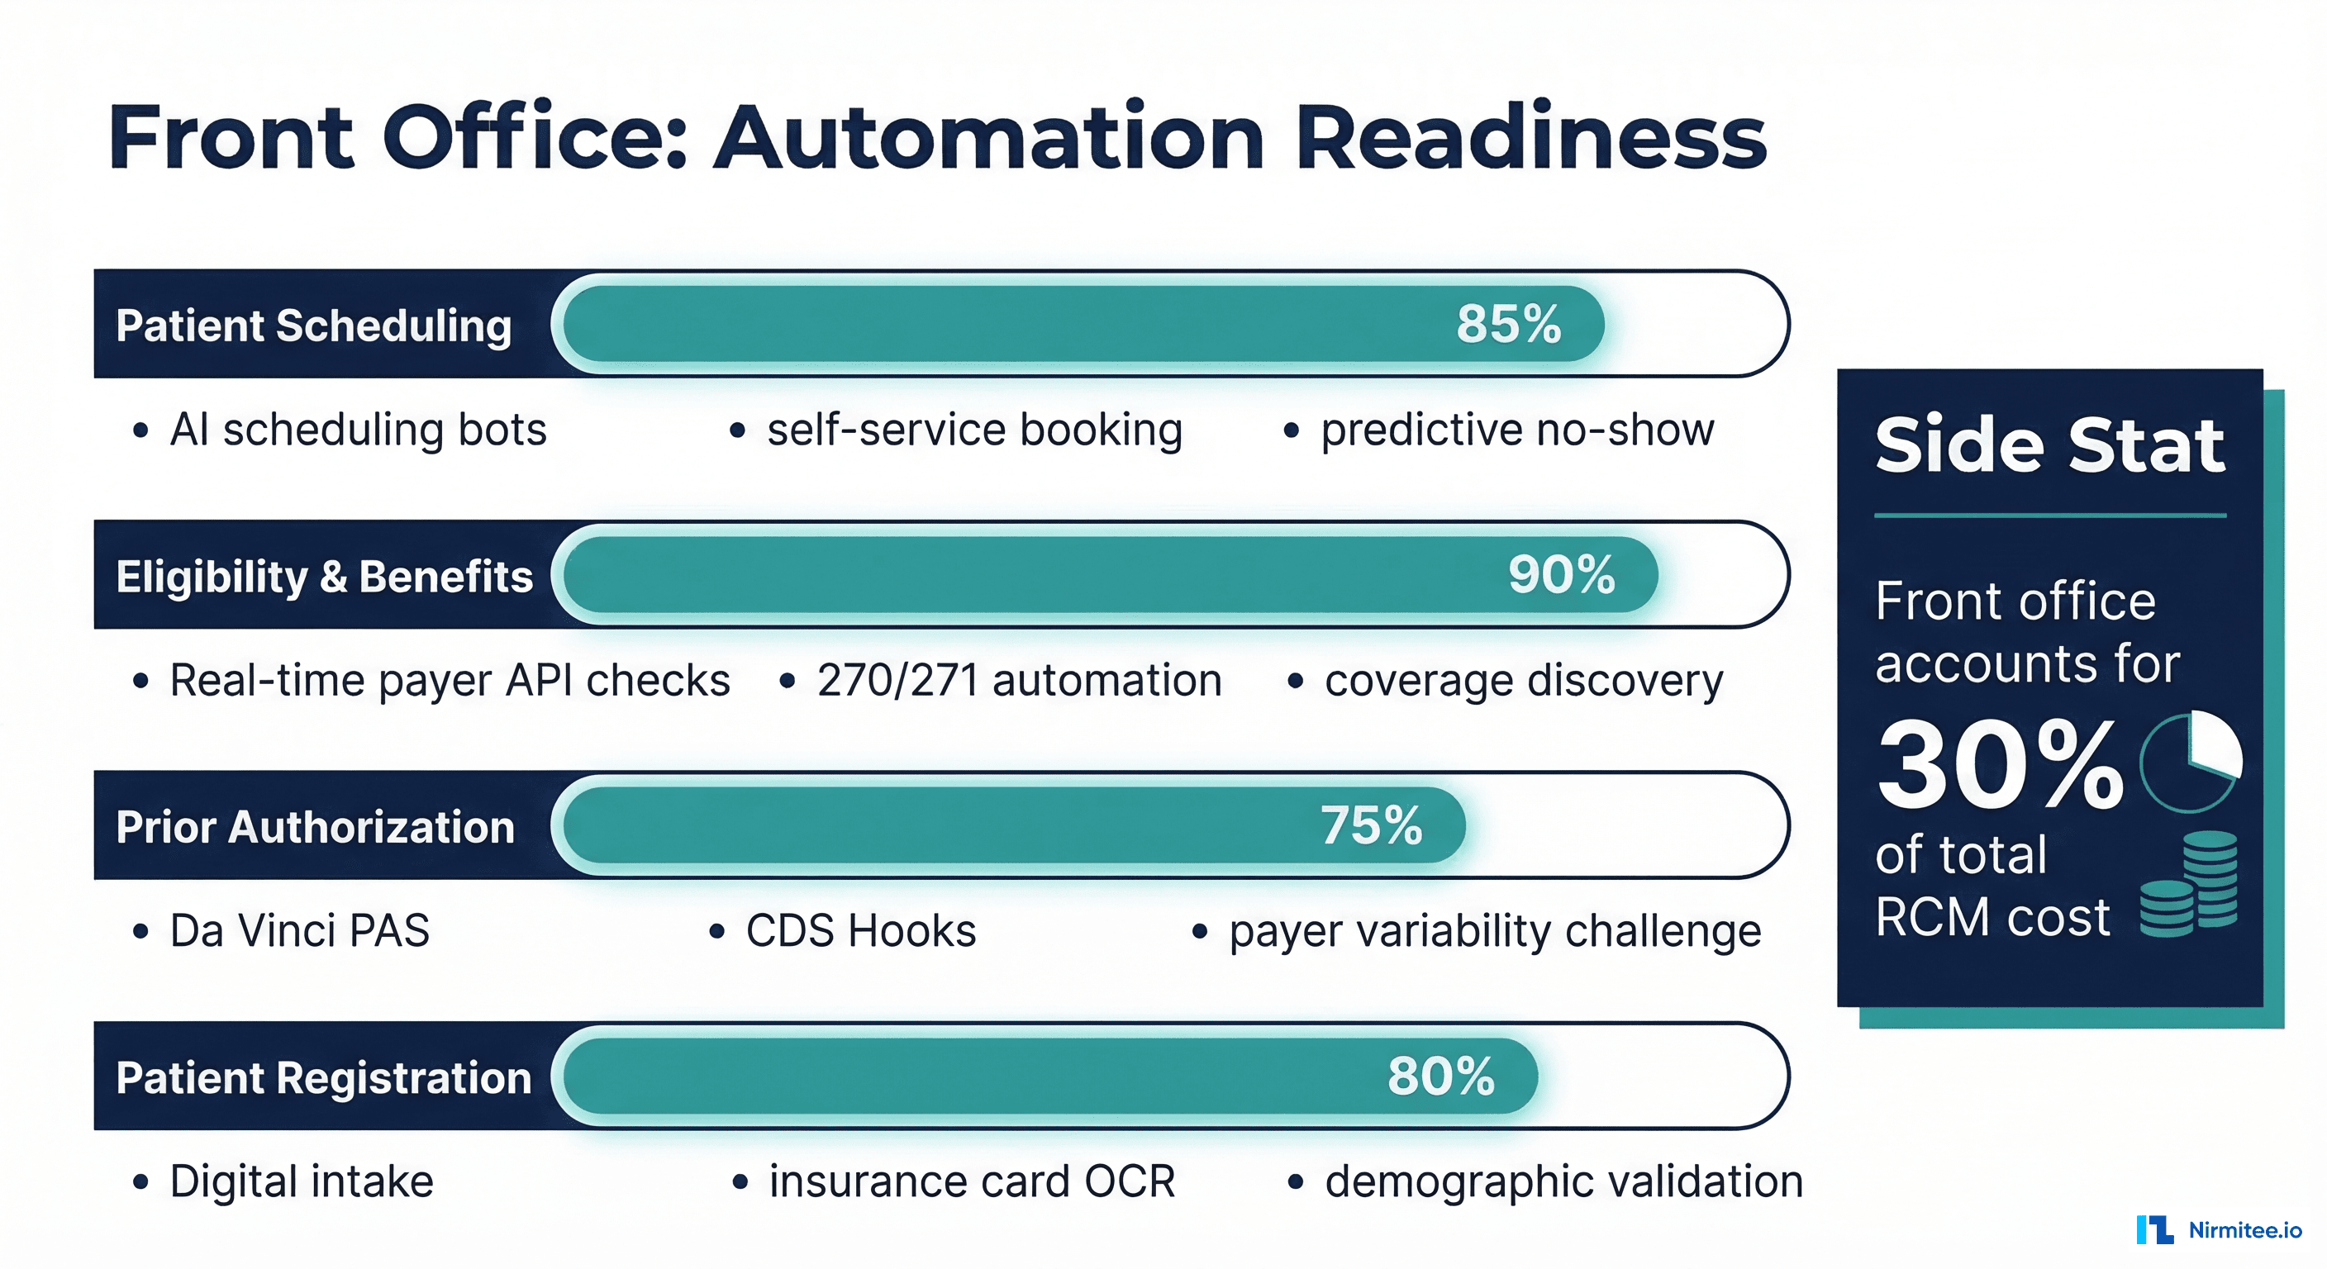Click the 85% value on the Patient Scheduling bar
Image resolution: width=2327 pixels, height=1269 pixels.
(1507, 323)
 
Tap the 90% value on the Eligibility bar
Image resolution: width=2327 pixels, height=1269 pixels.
(1561, 574)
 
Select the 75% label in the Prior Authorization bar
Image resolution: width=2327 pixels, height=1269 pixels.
(1370, 825)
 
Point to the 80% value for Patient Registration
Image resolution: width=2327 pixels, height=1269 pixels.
(1441, 1076)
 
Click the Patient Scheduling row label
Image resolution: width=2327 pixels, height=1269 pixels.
(313, 326)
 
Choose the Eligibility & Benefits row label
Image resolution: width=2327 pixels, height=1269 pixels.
(324, 576)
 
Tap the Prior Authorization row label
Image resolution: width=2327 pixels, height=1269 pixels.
(316, 826)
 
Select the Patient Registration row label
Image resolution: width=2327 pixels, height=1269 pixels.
(323, 1077)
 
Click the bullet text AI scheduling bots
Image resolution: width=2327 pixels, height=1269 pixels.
(358, 430)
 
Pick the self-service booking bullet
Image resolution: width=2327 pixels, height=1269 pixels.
(973, 430)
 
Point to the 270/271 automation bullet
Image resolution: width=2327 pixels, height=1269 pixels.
(1018, 680)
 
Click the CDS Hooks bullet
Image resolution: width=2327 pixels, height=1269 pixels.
(860, 930)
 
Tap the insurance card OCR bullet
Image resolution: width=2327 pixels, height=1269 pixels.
(971, 1181)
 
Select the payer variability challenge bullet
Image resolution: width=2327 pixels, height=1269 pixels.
(1494, 931)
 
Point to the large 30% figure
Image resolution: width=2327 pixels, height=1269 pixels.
(2000, 764)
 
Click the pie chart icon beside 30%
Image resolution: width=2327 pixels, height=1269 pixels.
(2191, 762)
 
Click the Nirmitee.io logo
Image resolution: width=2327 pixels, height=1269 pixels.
(2219, 1230)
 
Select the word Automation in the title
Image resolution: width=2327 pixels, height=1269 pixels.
(988, 137)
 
